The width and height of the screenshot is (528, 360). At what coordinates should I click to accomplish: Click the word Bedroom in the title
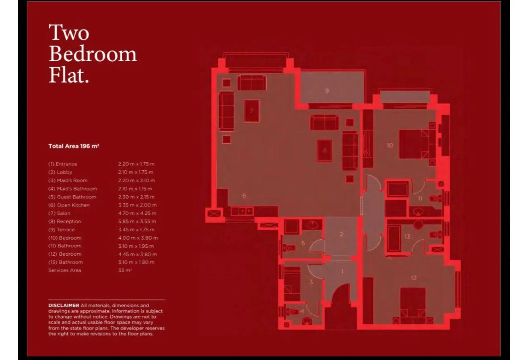93,54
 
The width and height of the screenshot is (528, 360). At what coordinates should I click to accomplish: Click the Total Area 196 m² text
74,146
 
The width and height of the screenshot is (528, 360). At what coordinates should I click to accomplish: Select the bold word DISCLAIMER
64,305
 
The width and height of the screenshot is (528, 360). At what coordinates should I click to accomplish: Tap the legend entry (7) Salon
60,213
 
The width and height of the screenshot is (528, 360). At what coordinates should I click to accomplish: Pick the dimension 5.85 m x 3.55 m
137,221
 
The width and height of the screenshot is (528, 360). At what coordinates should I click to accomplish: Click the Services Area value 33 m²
125,270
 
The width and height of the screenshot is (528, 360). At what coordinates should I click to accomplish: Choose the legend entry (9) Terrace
62,230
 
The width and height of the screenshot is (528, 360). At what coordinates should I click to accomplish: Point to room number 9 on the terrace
327,91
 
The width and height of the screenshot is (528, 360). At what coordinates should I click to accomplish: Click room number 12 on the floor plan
413,278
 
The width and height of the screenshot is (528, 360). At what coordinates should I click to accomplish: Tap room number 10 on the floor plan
390,145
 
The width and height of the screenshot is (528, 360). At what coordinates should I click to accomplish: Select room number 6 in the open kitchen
244,196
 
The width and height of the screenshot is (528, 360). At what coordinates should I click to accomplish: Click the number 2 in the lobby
341,234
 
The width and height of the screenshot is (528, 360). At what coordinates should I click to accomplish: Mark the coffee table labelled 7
252,111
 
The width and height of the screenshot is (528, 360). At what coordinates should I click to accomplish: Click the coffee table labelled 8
325,151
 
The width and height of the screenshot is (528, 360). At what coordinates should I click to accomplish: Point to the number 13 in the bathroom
407,236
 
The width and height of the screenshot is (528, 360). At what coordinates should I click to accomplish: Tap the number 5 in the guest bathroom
303,243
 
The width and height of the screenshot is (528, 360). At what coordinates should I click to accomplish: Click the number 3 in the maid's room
311,282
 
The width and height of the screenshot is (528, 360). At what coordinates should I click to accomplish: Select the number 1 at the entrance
342,271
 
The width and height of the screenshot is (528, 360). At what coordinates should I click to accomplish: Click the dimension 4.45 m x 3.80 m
138,254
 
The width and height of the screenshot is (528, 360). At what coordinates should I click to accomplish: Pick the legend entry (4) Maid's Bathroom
72,189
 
